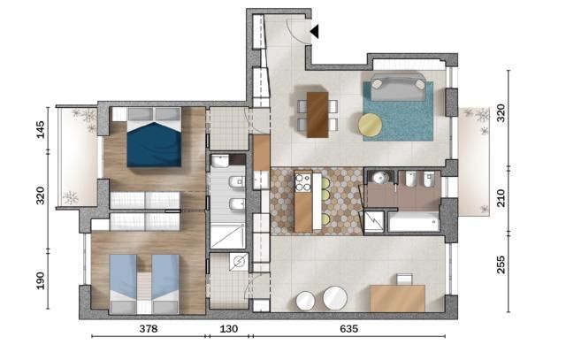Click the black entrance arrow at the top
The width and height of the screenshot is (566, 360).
coord(314,32)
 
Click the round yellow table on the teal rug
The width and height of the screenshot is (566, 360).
coord(371,125)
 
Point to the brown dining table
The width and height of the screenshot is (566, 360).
coord(316,114)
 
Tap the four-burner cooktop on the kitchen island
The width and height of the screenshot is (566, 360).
coord(303,182)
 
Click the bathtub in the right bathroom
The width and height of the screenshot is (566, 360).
coord(414,220)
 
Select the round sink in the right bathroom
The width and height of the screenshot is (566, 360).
coord(379,178)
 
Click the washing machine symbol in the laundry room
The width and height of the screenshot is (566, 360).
coord(236,262)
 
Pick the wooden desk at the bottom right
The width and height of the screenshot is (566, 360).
coord(397,297)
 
